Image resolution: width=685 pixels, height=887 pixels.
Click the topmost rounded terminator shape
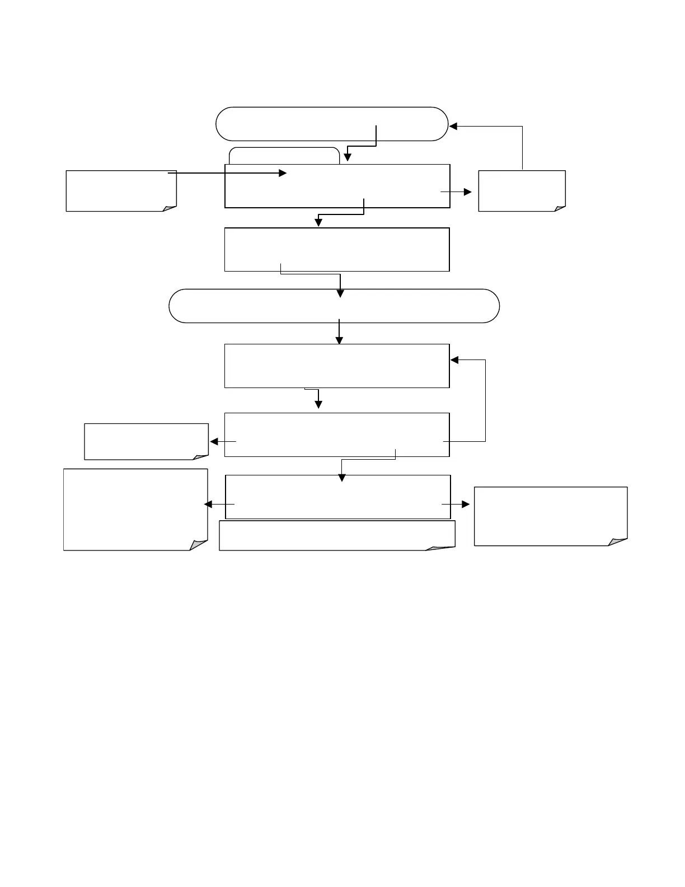coord(332,124)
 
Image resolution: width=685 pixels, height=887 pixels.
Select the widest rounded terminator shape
coord(334,306)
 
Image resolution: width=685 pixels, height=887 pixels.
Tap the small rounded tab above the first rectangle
coord(284,156)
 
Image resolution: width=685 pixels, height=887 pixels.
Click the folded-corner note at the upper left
coord(121,191)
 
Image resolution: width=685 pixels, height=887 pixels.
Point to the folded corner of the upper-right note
coord(560,208)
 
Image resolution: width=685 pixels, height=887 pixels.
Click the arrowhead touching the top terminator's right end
coord(454,127)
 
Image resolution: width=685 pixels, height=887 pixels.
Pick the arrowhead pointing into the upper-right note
coord(468,192)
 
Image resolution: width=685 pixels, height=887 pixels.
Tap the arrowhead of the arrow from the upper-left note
coord(283,174)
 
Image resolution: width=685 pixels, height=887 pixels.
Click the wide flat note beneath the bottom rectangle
coord(336,535)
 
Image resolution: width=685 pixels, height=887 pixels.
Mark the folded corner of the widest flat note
coord(441,547)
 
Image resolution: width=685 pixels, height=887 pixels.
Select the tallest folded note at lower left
coord(135,510)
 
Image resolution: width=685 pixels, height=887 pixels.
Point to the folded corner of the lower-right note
coord(618,541)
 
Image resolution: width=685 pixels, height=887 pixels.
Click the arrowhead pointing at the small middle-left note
coord(214,442)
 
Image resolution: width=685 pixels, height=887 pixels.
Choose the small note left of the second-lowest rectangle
coord(146,441)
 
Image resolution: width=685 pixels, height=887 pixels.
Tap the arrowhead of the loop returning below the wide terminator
coord(454,360)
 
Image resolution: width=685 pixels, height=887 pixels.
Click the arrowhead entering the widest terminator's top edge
coord(340,293)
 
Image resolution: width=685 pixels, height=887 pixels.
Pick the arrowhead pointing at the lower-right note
coord(466,505)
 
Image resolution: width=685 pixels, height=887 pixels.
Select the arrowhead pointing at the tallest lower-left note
coord(208,505)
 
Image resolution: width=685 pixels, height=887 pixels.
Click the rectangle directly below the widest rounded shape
coord(337,366)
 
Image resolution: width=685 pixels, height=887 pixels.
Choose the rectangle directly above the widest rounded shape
coord(337,249)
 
